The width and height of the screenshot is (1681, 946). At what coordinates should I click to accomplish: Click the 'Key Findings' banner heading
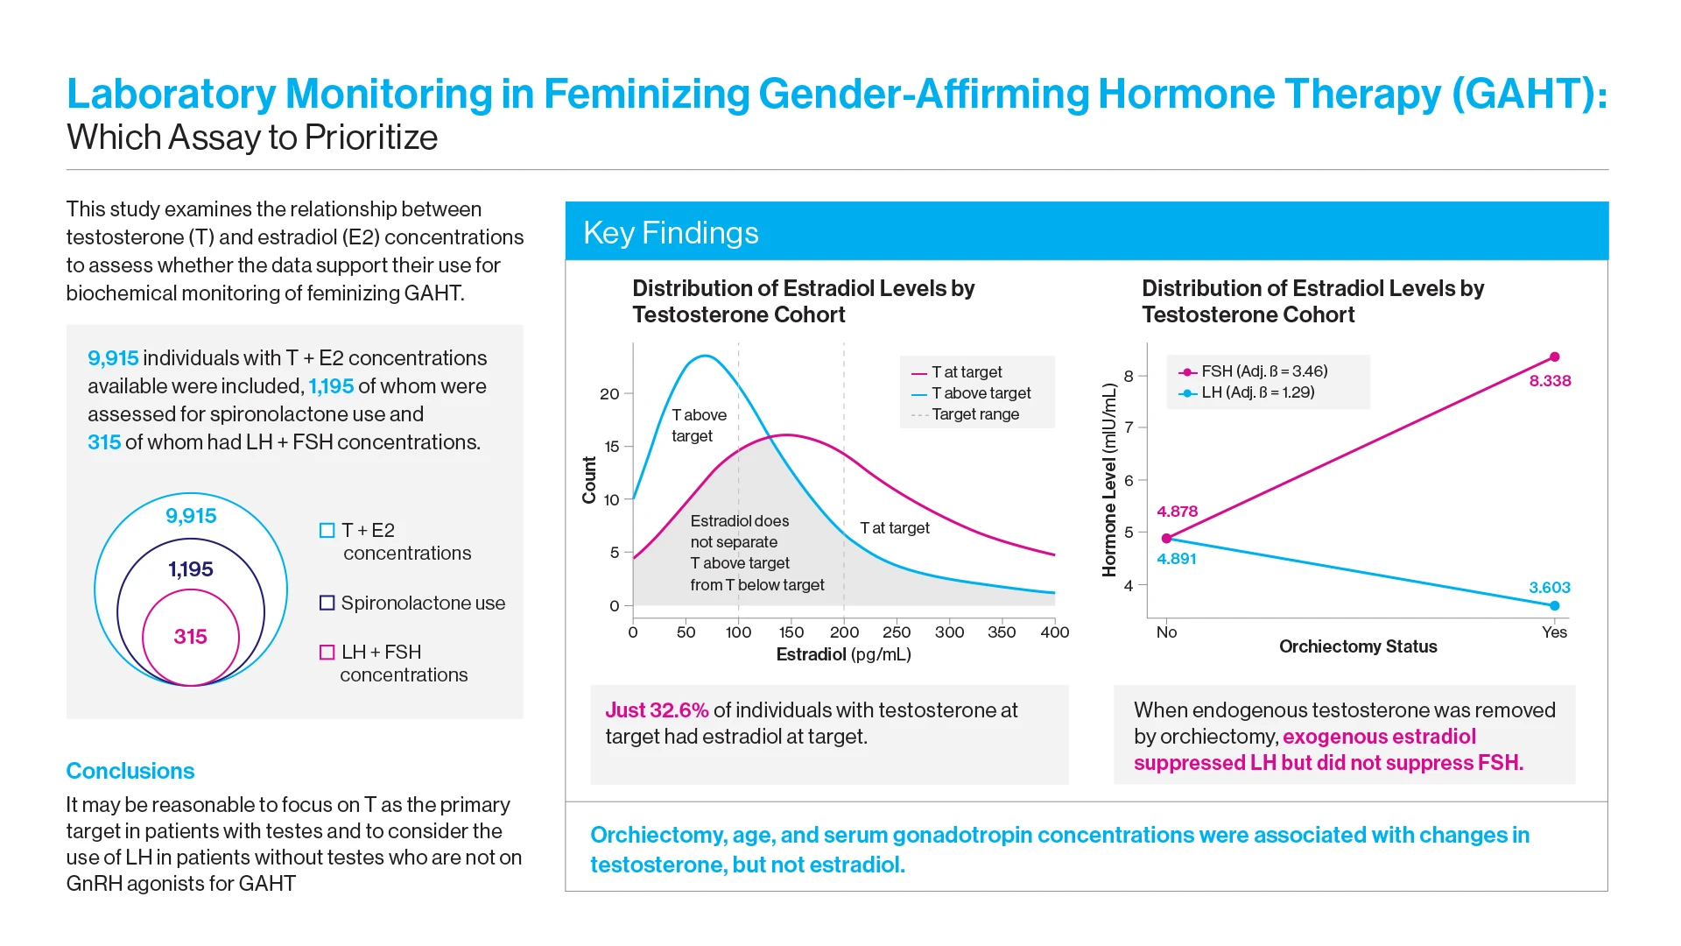click(x=671, y=233)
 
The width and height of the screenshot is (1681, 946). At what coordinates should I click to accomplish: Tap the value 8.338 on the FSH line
click(x=1550, y=381)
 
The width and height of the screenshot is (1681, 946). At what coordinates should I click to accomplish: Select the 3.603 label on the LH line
click(x=1549, y=588)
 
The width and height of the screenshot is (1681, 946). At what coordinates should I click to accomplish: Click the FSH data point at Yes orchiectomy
click(x=1554, y=357)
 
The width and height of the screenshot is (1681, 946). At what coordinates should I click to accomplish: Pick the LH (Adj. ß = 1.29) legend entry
click(x=1256, y=392)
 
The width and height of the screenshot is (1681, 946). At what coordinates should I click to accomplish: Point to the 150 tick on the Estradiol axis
click(x=791, y=632)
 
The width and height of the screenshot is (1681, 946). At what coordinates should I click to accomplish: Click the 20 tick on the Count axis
click(x=609, y=394)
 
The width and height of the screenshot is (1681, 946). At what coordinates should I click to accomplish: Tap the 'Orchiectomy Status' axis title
click(x=1357, y=646)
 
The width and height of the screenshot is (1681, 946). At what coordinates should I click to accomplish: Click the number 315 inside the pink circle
click(x=190, y=637)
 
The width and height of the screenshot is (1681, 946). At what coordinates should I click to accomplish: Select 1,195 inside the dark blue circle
click(x=190, y=569)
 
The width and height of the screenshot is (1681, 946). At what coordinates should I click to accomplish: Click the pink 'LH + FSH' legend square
click(x=327, y=653)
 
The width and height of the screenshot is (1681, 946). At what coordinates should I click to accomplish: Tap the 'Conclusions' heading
click(x=130, y=771)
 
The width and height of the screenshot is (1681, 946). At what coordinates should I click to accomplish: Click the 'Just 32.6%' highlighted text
click(x=657, y=710)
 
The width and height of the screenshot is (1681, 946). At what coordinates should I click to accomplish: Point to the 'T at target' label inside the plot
click(x=894, y=528)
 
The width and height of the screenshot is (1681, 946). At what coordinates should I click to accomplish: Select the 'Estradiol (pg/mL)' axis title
click(x=843, y=654)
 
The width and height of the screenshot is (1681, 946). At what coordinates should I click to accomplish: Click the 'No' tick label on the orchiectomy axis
click(x=1166, y=632)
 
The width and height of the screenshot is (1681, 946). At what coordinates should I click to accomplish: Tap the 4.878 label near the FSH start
click(x=1177, y=512)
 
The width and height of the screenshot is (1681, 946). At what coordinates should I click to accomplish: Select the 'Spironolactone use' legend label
click(x=423, y=604)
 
